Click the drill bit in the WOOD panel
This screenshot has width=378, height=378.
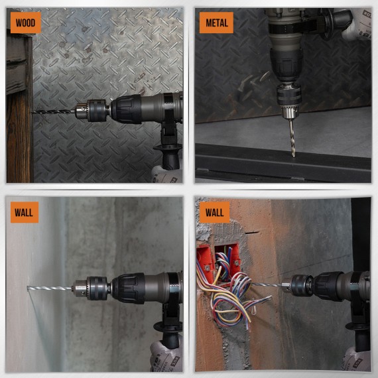pos(53,111)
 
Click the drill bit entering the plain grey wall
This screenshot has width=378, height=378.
pos(50,288)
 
